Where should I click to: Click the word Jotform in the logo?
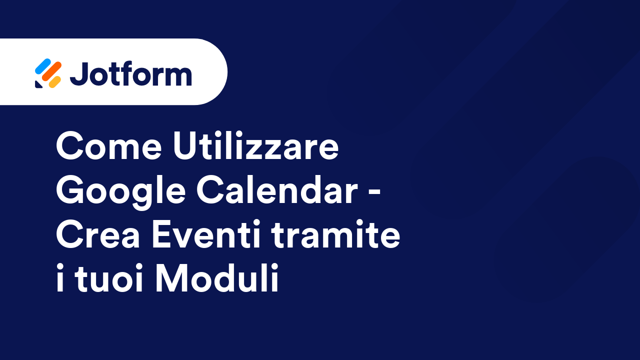(131, 73)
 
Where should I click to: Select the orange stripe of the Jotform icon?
(51, 71)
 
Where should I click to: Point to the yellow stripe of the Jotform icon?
(55, 82)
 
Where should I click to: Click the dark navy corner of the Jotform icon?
(38, 84)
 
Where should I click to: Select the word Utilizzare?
(255, 145)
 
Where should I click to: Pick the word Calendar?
(277, 189)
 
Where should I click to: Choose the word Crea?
(97, 233)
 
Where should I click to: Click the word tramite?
(335, 233)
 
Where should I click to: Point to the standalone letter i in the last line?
(59, 277)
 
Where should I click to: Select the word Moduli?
(217, 277)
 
